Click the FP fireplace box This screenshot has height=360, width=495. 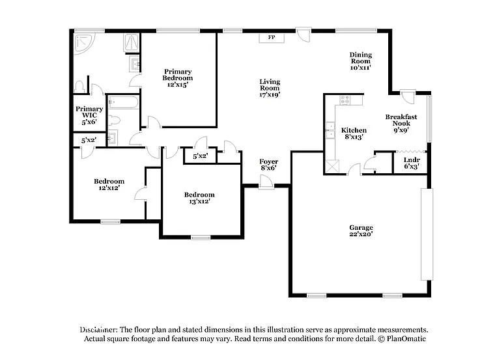pos(272,38)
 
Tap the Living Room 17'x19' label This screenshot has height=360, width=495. pos(270,87)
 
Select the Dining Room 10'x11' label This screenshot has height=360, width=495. pos(360,61)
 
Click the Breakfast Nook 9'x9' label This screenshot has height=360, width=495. pos(401,123)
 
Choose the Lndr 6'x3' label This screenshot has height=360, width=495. pos(411,163)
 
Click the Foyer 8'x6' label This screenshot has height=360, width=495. pos(268,165)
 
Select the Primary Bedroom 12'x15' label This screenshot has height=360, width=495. pos(178,78)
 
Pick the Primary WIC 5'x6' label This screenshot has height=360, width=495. pos(89,115)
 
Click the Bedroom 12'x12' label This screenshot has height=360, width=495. pos(109,184)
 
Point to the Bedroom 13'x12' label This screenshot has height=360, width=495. pos(199,198)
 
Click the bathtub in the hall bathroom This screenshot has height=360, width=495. pos(123,102)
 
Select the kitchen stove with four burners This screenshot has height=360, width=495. pos(345,100)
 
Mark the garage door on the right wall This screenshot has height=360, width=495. pos(427,234)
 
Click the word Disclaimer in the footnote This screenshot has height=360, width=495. pos(99,330)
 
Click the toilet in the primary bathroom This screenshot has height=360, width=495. pos(80,87)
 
